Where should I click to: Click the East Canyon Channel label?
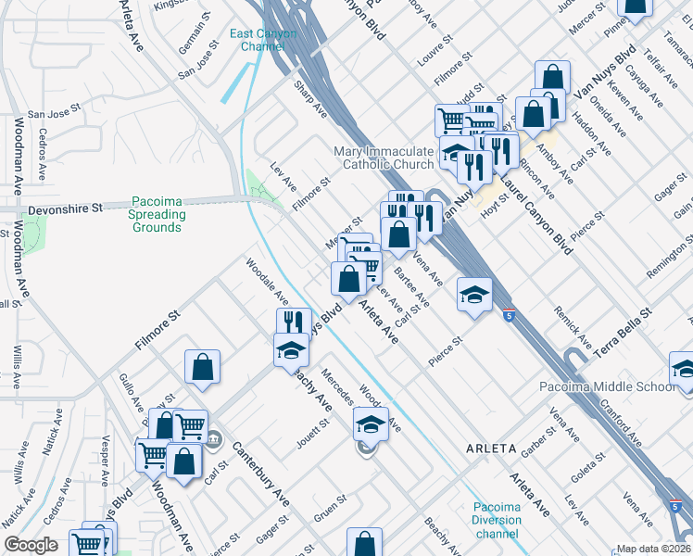(x=263, y=40)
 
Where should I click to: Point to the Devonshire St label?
(x=65, y=209)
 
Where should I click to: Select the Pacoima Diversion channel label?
(x=497, y=520)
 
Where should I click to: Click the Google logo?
(x=31, y=545)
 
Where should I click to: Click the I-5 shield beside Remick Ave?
(x=509, y=314)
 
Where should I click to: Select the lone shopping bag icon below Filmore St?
(x=202, y=367)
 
